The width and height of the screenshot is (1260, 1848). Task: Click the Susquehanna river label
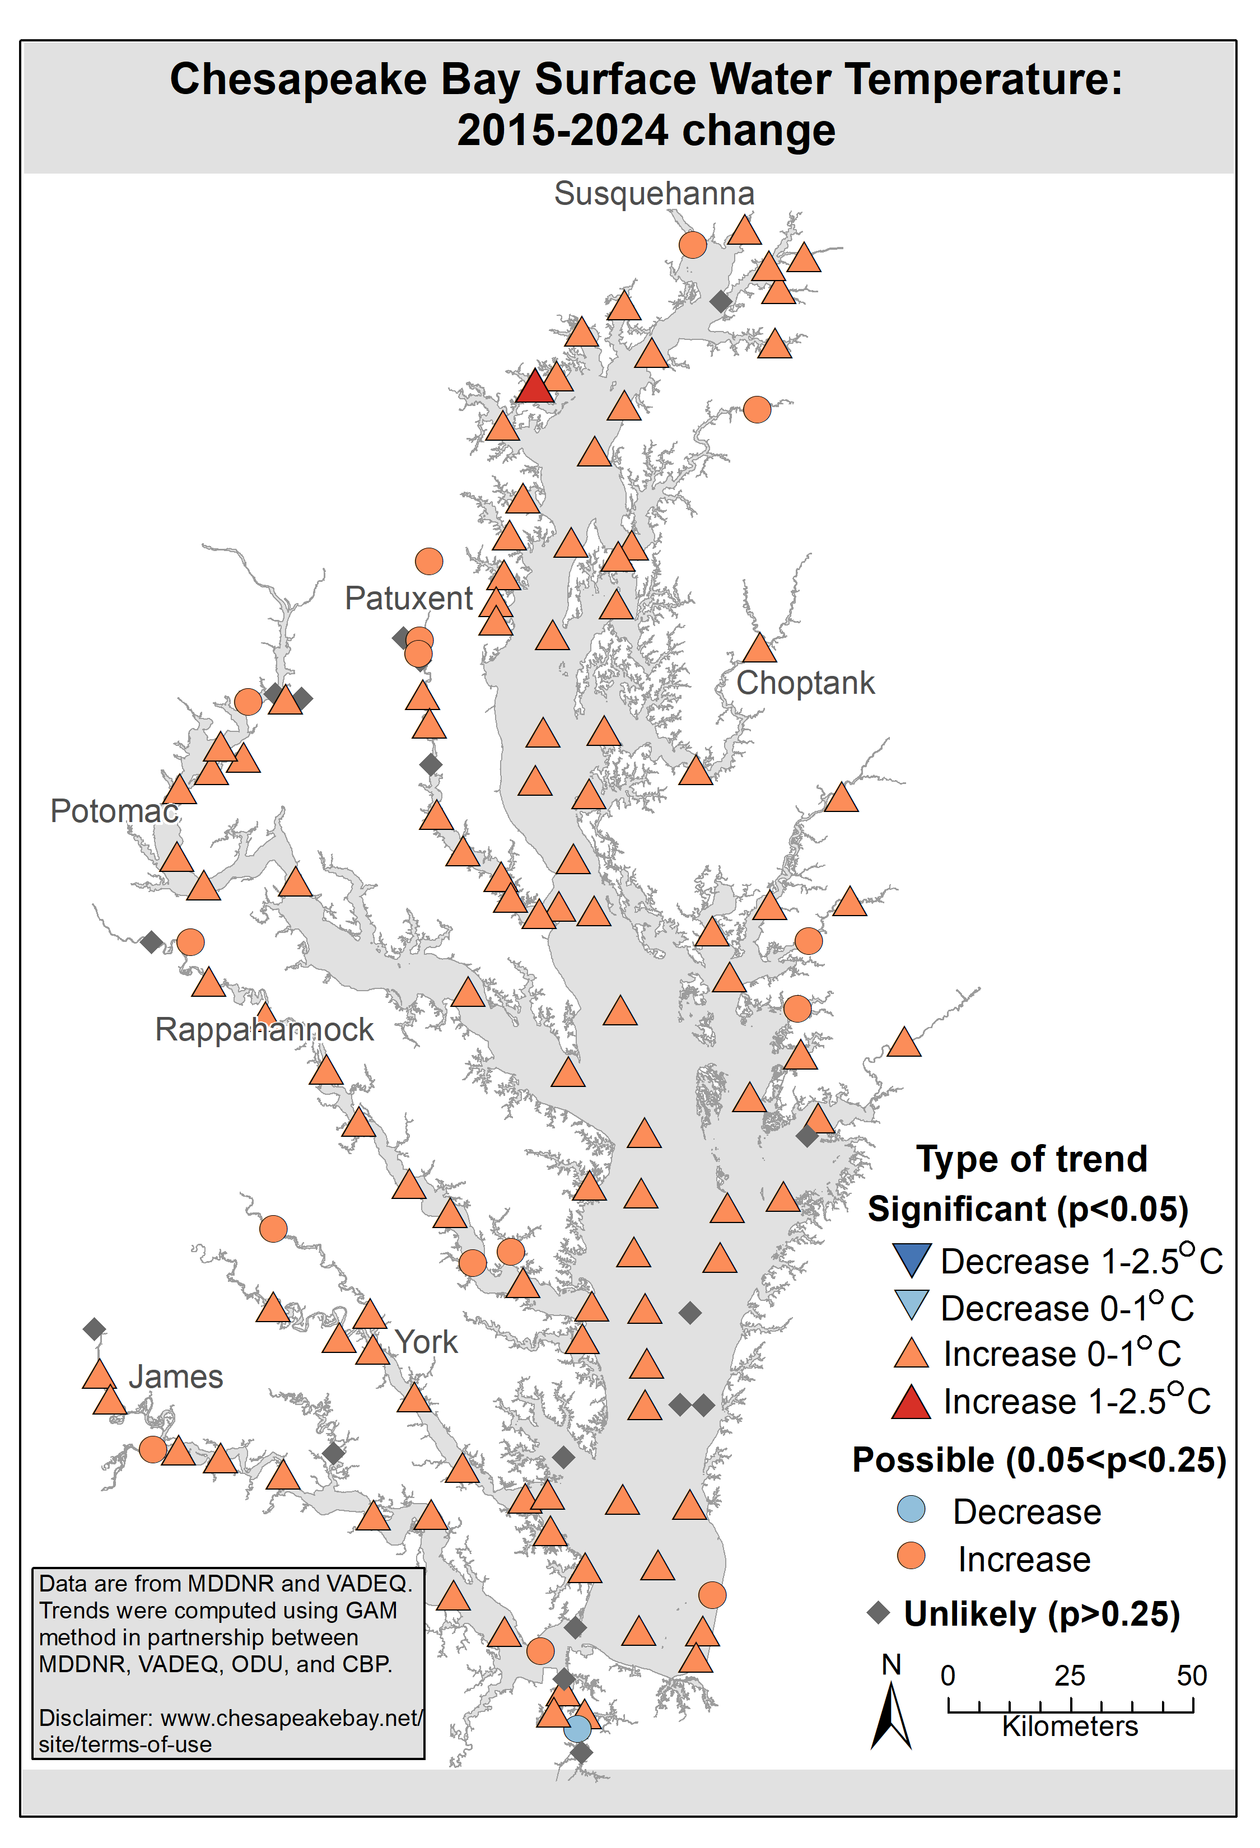tap(654, 194)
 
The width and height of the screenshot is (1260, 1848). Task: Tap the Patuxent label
tap(409, 598)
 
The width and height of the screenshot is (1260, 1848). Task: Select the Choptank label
tap(805, 683)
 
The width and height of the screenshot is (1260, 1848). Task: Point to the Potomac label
tap(114, 811)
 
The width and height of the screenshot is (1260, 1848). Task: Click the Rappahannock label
tap(264, 1030)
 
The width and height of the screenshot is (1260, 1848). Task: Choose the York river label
tap(426, 1342)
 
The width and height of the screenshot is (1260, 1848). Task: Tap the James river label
tap(176, 1376)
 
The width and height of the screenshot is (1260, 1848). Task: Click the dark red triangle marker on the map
tap(534, 388)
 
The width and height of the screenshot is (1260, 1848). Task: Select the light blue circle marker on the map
tap(578, 1729)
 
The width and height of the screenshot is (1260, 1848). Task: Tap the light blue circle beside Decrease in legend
tap(911, 1509)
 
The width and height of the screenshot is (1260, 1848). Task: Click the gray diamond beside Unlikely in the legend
tap(879, 1613)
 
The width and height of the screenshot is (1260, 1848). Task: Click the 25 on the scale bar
tap(1070, 1676)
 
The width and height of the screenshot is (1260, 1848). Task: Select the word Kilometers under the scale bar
tap(1070, 1727)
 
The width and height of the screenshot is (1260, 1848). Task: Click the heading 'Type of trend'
tap(1032, 1159)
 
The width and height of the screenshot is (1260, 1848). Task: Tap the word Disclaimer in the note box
tap(95, 1719)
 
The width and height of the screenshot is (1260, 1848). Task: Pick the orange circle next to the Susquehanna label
tap(692, 245)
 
